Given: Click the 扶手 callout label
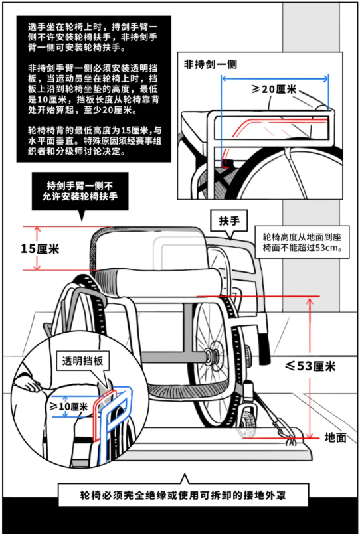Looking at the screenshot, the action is (229, 221).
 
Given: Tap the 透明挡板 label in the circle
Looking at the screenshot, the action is (82, 361).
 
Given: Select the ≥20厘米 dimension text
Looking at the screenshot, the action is (274, 89).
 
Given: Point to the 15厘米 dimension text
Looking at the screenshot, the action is (40, 248).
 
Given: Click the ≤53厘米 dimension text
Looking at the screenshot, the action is (310, 366).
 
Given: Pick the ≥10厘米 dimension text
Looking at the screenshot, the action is (69, 406).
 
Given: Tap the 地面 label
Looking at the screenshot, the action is (335, 437).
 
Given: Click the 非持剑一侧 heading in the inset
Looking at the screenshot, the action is (211, 64).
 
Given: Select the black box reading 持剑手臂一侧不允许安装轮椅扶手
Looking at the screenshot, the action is (80, 191).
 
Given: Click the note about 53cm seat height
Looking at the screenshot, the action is (302, 242).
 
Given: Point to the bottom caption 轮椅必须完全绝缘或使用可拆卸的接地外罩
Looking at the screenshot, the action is (183, 495).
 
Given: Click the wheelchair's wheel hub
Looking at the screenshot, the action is (213, 356).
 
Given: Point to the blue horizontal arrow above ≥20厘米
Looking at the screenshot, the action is (275, 79).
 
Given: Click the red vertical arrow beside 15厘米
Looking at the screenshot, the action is (37, 248).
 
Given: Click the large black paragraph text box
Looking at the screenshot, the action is (94, 89).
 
